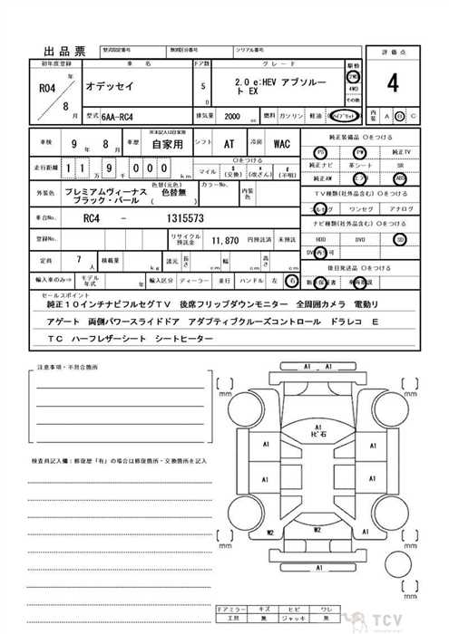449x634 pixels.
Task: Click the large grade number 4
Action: [392, 83]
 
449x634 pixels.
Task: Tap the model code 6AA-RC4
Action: [120, 117]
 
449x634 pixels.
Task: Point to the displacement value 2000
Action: [232, 117]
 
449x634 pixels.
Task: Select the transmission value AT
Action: [230, 144]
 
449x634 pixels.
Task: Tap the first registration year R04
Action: [47, 89]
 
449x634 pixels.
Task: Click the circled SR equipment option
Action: [400, 178]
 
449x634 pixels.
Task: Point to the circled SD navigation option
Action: [400, 239]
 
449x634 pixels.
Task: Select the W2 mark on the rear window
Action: [317, 528]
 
